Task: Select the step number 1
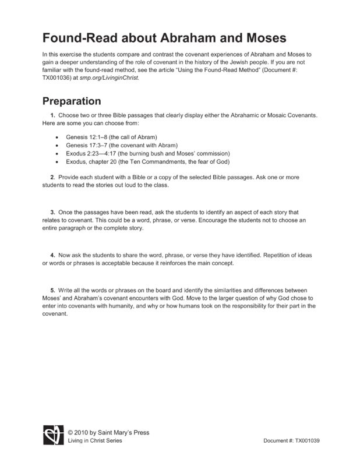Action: pyautogui.click(x=52, y=115)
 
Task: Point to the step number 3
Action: pyautogui.click(x=52, y=213)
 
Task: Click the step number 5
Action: pyautogui.click(x=52, y=290)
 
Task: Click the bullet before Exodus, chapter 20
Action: pyautogui.click(x=56, y=161)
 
